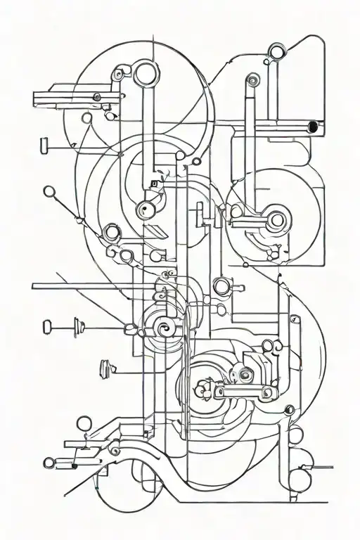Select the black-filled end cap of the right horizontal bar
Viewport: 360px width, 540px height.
[311, 127]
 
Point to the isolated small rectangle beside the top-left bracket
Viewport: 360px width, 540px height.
[44, 145]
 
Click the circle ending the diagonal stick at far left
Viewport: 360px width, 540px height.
[49, 191]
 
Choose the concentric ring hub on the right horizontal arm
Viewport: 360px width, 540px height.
[276, 220]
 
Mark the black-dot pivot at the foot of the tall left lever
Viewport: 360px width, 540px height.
[145, 209]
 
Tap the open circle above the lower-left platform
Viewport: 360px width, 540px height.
[83, 423]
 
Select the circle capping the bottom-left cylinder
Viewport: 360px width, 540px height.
[49, 463]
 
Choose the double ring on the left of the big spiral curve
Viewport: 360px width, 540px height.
[111, 233]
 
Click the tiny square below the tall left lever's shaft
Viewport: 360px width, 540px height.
[153, 184]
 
